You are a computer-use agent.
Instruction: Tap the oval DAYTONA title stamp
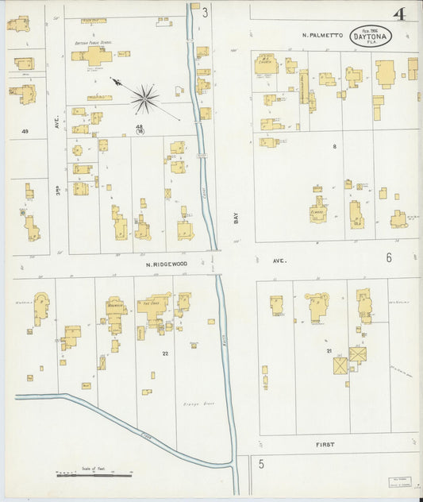point(371,37)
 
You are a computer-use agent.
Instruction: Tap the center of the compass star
point(144,99)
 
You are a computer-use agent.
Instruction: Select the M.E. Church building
point(265,64)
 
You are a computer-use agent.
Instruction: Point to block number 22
point(164,353)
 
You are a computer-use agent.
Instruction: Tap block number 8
point(334,146)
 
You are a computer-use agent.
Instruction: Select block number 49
point(25,131)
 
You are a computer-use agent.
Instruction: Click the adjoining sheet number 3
point(205,12)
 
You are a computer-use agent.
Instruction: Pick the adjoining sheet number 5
point(259,465)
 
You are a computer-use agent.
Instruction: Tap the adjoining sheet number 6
point(389,257)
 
